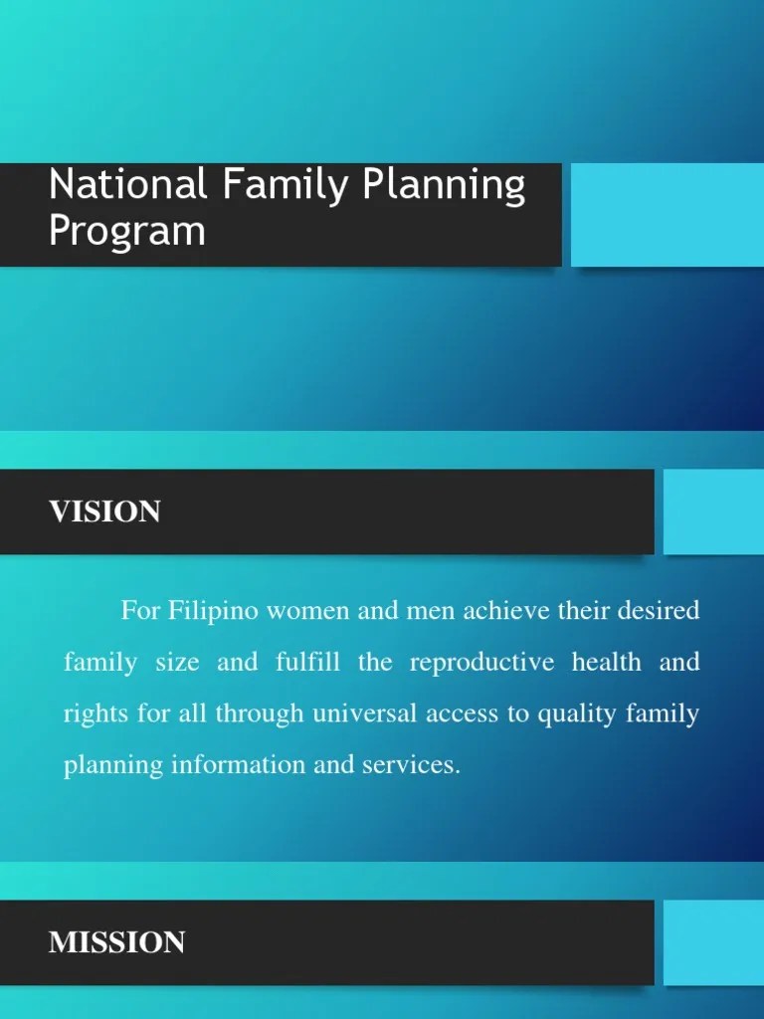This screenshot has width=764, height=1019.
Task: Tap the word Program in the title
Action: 127,232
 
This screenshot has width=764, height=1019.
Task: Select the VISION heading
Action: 104,511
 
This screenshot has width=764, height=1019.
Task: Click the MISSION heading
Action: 116,942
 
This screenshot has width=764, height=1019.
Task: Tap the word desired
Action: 653,610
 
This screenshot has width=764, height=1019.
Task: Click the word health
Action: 607,662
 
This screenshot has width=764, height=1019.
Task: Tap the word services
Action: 419,766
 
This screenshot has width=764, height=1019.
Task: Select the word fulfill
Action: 308,662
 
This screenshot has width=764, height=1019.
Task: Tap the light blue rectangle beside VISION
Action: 713,511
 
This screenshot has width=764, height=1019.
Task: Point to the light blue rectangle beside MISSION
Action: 713,942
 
